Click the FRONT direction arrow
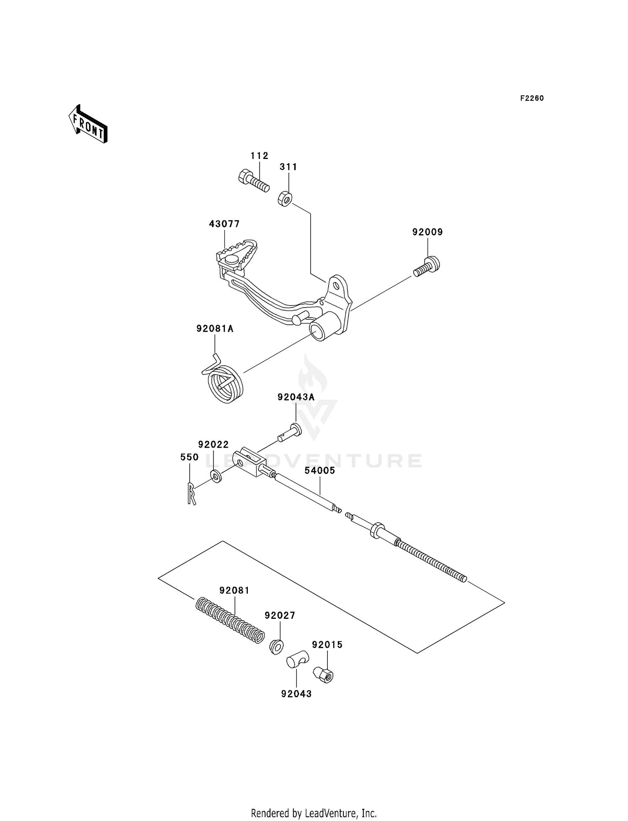(x=88, y=124)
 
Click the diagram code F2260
(x=532, y=98)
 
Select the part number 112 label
(x=259, y=156)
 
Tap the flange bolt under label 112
(x=253, y=182)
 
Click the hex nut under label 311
(x=285, y=198)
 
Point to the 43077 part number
(x=224, y=224)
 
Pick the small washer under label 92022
(x=216, y=476)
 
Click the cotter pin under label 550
(x=191, y=493)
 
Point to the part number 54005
(x=319, y=470)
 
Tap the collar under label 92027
(x=276, y=646)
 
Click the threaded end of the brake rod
(x=431, y=561)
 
